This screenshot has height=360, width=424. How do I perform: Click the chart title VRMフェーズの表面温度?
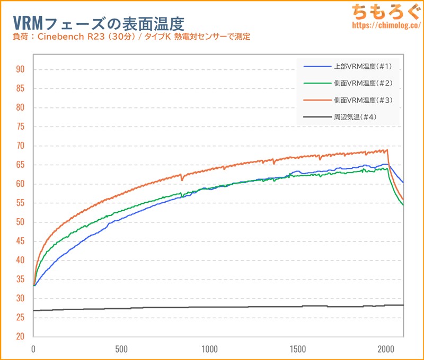(98, 22)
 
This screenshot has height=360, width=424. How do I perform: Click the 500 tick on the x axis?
(121, 349)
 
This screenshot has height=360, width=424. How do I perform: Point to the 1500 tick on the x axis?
(298, 349)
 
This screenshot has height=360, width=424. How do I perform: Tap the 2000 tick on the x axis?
(386, 349)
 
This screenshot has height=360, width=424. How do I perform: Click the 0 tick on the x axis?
(33, 349)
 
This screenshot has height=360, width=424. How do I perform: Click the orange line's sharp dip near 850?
(182, 179)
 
